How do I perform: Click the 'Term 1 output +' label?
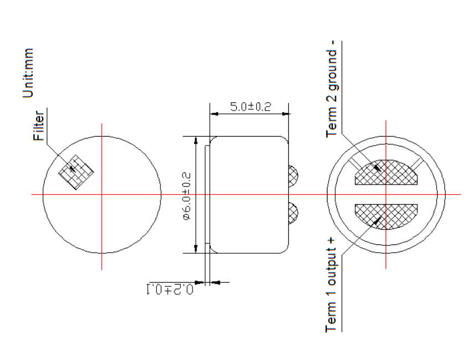pyautogui.click(x=332, y=295)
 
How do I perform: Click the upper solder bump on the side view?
pyautogui.click(x=293, y=176)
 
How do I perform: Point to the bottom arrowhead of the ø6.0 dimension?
pyautogui.click(x=195, y=249)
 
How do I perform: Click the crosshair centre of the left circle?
pyautogui.click(x=102, y=194)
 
